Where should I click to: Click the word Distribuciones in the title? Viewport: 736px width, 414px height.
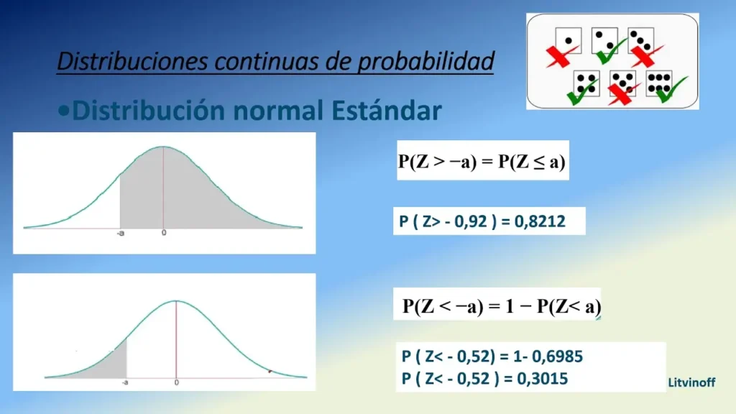click(132, 61)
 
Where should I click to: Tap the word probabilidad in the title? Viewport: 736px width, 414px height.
click(425, 62)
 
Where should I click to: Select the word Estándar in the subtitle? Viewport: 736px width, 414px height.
click(386, 110)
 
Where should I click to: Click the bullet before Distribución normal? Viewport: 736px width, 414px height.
click(63, 111)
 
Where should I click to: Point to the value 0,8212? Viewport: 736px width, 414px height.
click(540, 221)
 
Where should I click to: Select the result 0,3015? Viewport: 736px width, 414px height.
click(542, 379)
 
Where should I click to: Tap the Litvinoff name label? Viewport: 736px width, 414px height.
click(691, 382)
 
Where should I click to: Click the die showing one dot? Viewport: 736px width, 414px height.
click(568, 41)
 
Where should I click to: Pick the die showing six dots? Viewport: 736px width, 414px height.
click(659, 83)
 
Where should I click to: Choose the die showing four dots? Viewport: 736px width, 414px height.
click(586, 83)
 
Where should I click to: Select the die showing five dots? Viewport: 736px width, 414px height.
click(622, 83)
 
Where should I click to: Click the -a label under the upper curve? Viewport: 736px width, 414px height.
click(121, 234)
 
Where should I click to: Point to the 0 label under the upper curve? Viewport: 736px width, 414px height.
click(164, 233)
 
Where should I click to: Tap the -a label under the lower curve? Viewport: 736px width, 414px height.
click(125, 382)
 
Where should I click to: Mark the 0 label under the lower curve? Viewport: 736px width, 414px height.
click(177, 382)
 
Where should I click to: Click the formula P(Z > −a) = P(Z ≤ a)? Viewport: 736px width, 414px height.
click(482, 162)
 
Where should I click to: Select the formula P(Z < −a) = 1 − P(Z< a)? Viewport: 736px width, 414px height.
click(501, 306)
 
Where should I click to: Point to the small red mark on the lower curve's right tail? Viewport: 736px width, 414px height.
click(270, 372)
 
